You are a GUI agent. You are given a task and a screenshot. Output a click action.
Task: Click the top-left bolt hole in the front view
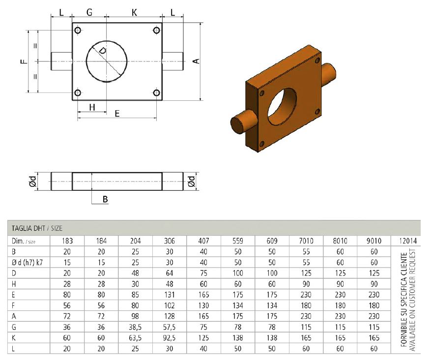[78, 30]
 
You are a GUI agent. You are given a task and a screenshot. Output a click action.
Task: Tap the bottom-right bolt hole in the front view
[156, 92]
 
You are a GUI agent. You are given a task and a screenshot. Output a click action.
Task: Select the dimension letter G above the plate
[89, 12]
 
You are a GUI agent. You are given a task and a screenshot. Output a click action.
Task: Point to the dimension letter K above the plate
[134, 12]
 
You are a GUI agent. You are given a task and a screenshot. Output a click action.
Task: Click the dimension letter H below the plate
[92, 107]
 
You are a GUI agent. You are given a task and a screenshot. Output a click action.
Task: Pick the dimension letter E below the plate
[117, 113]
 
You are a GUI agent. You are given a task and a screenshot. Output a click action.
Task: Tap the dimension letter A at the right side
[196, 61]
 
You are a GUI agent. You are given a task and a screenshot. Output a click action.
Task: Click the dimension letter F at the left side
[25, 61]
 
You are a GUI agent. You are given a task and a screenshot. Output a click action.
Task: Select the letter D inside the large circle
[103, 51]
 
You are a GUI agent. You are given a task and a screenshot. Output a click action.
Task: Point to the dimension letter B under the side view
[105, 199]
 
